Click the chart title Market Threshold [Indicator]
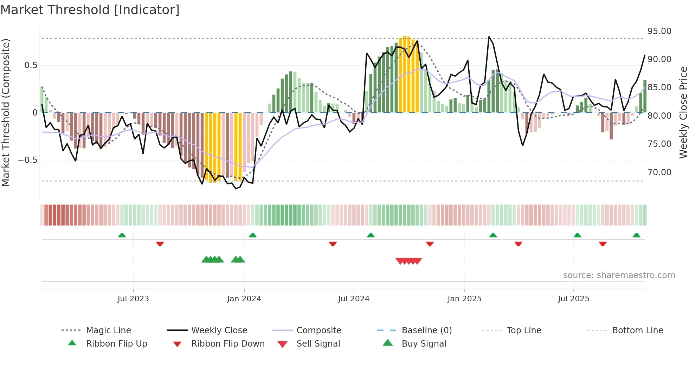(90, 10)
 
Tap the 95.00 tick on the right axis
(659, 31)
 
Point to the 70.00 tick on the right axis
(659, 172)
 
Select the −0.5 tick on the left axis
(27, 160)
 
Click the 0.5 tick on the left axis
(31, 65)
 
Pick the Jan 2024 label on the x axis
(244, 299)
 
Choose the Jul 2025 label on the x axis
(573, 299)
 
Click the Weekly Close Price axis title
(683, 112)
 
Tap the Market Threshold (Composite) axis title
(6, 112)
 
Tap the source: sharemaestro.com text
(619, 275)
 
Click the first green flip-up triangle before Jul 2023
(122, 235)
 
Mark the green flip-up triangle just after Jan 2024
(253, 235)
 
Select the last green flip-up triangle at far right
(636, 235)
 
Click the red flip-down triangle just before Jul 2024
(333, 244)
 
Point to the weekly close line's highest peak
(489, 37)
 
